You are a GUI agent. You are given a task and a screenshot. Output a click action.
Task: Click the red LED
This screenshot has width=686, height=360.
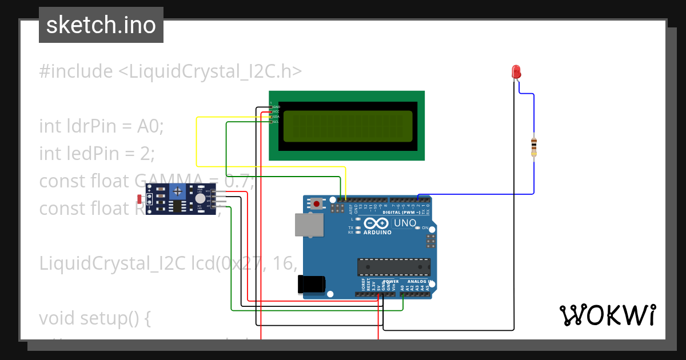pos(516,72)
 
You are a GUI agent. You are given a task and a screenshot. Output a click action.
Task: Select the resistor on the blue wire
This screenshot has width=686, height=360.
pos(534,146)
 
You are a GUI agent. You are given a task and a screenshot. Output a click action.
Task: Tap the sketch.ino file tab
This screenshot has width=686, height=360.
pos(101,25)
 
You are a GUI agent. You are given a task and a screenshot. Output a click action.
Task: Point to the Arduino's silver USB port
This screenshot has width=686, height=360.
pos(308,225)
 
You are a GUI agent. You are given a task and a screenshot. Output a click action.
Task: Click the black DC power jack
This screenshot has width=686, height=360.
pos(312,285)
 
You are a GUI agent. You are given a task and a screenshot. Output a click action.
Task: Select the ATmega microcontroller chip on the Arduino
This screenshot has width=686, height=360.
pos(393,267)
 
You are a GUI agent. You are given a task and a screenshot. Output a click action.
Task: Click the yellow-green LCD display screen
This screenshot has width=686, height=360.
pos(348,126)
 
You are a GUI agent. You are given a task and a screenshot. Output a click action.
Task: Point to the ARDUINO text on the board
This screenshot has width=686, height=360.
pos(377,233)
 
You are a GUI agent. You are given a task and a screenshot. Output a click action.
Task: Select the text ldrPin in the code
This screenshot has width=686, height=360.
pos(95,126)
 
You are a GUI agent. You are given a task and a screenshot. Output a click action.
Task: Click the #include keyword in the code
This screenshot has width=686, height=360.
pos(76,72)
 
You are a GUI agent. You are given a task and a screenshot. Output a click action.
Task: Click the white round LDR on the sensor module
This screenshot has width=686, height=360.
pos(200,198)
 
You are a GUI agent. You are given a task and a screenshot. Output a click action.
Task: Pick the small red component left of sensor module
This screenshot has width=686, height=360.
pos(139,199)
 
